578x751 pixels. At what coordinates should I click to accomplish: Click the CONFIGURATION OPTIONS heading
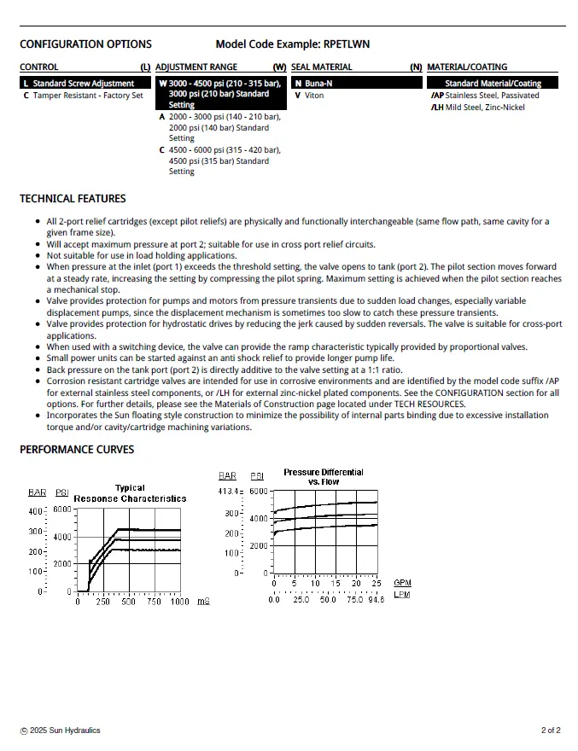tap(85, 44)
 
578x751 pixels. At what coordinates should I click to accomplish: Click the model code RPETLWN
tap(347, 44)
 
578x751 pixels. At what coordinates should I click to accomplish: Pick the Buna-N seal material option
tap(318, 84)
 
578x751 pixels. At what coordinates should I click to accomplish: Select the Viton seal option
tap(313, 96)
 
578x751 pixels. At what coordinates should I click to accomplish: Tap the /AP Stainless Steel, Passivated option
tap(485, 96)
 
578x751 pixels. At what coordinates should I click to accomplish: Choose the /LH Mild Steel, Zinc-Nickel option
tap(477, 108)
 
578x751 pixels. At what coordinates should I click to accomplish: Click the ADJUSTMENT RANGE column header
tap(196, 67)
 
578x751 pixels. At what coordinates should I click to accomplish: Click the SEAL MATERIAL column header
tap(321, 67)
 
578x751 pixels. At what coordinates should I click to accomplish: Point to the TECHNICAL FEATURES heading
tap(73, 199)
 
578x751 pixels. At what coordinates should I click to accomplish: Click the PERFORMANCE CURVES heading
tap(77, 450)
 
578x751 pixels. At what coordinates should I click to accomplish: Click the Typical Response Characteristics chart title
tap(130, 493)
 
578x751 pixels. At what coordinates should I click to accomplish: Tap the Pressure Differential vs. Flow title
tap(324, 477)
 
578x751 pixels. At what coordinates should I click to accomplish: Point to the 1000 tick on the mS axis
tap(179, 602)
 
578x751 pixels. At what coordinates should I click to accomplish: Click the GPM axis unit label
tap(402, 583)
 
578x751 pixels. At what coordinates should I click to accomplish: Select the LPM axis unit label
tap(402, 595)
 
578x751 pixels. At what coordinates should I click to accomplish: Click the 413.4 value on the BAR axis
tap(230, 492)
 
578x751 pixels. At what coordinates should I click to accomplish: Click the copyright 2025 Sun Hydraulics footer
tap(60, 731)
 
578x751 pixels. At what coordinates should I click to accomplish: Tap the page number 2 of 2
tap(551, 731)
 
